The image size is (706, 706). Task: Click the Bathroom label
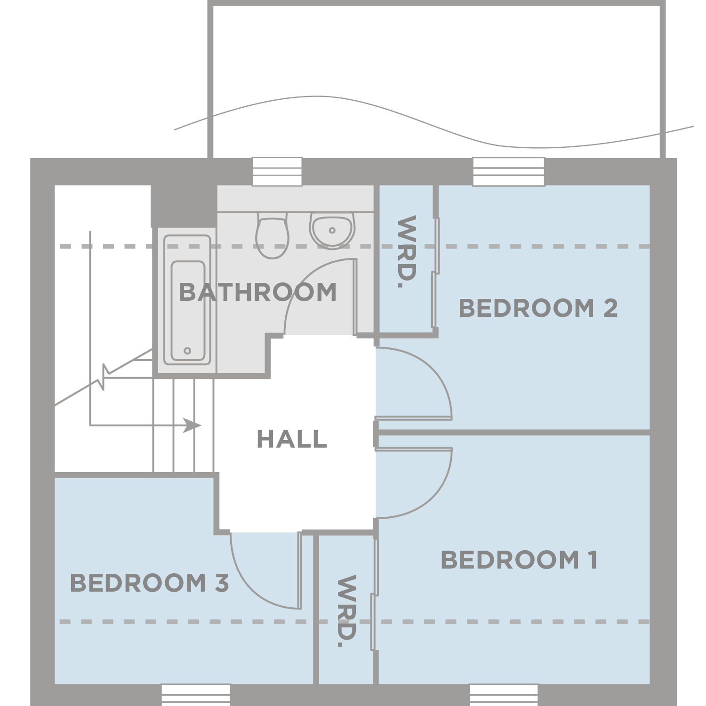coord(258,292)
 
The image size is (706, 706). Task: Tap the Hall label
coord(292,439)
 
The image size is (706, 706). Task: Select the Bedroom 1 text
coord(519,560)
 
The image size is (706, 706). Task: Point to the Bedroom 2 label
coord(538,308)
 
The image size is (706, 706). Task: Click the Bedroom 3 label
coord(149,583)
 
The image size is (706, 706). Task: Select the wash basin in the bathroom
coord(332,230)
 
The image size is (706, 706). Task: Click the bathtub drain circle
coord(187,351)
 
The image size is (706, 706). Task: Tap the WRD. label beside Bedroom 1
coord(346,611)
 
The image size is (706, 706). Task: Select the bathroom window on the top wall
coord(277,172)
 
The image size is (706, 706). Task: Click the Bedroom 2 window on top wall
coord(509,172)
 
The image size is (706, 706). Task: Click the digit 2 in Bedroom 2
coord(610,308)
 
